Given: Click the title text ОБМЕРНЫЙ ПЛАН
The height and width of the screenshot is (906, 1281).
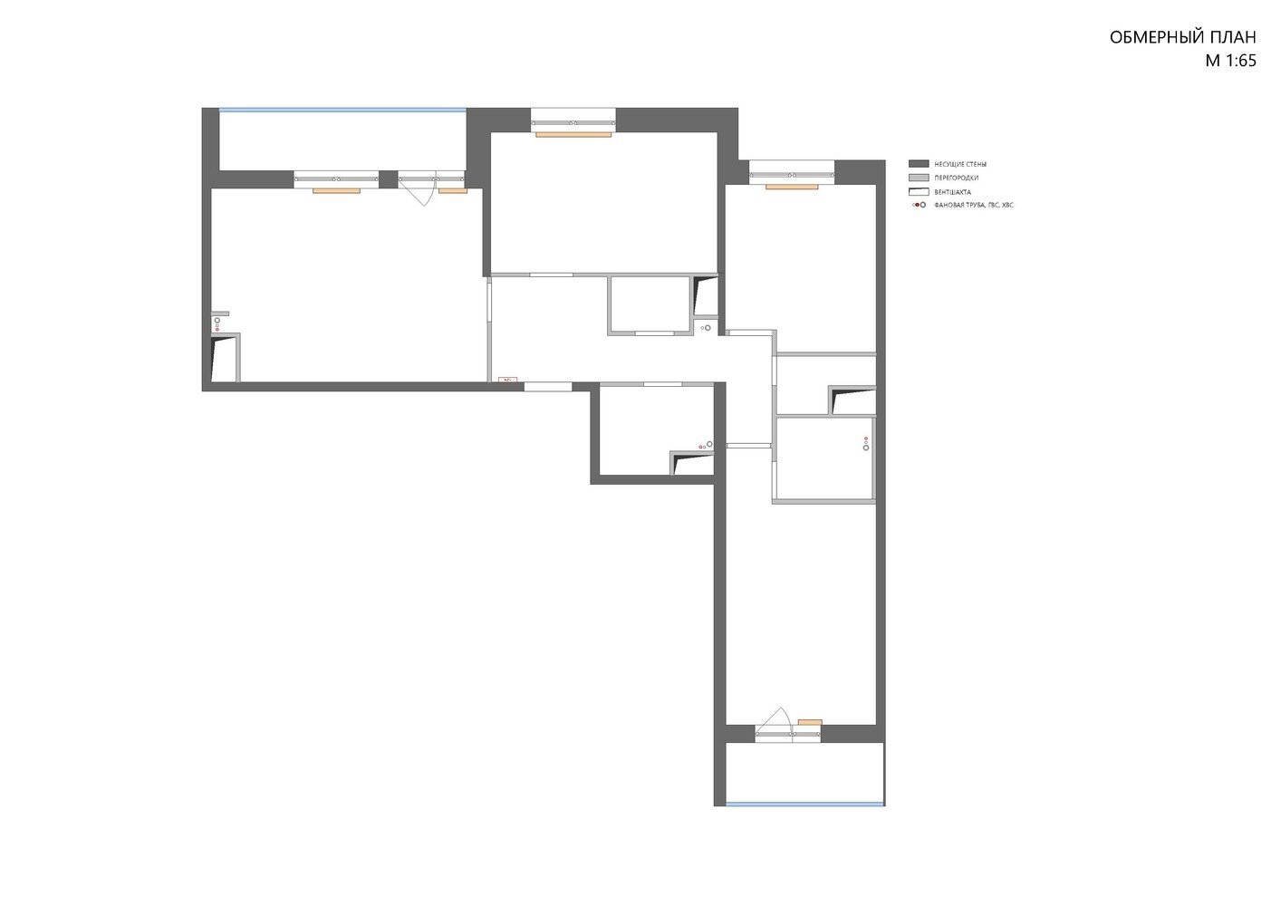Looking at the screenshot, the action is tap(1182, 37).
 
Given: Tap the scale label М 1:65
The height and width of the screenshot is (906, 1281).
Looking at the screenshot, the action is tap(1230, 61).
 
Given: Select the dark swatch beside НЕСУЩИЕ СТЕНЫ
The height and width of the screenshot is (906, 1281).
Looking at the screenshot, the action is tap(919, 164).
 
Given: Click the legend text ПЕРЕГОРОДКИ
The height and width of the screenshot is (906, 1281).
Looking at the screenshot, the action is tap(956, 178).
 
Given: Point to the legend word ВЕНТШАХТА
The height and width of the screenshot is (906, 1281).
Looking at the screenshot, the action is tap(953, 192).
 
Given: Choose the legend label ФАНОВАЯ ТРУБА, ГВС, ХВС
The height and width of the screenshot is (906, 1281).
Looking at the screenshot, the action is tap(973, 205).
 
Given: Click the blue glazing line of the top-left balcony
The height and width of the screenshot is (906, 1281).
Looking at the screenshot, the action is tap(342, 110).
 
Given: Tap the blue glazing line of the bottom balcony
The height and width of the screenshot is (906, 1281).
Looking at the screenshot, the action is tap(805, 804).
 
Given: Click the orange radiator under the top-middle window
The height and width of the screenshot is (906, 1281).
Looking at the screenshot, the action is tap(573, 134).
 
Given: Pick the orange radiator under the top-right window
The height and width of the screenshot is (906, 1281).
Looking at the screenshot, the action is tap(792, 187).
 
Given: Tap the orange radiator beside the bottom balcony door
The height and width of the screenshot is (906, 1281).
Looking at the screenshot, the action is tap(810, 722).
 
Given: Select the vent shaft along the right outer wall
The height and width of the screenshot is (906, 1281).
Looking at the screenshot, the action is tap(852, 400).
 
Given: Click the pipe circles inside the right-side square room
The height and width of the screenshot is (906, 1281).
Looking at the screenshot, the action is tap(866, 443).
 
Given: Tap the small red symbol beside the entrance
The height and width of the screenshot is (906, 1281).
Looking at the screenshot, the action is tap(507, 379).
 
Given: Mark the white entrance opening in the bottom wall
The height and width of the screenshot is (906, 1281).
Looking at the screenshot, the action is tap(548, 387).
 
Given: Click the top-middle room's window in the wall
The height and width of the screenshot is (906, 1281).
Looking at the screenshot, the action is tap(573, 120).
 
